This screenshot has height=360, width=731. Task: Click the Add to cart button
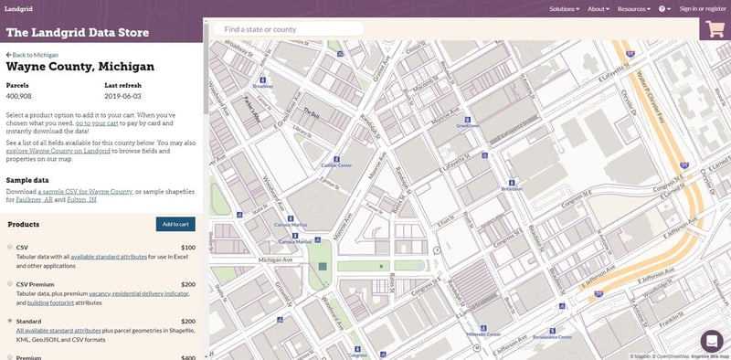tap(175, 224)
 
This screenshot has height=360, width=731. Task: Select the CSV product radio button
tap(10, 248)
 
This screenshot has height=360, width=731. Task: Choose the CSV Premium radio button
tap(10, 284)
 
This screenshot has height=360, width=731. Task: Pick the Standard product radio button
tap(10, 322)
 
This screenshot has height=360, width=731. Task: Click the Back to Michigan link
tap(32, 55)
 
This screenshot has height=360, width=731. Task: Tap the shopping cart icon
tap(715, 28)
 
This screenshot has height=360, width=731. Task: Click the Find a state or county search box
tap(288, 29)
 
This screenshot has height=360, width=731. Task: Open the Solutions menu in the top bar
tap(564, 8)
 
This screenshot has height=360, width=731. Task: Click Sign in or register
tap(703, 8)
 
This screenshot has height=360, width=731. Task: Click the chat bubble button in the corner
tap(712, 341)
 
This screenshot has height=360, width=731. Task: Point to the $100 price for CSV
tap(187, 248)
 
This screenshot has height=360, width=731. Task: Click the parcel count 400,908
tap(20, 95)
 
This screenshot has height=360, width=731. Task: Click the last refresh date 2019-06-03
tap(124, 95)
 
